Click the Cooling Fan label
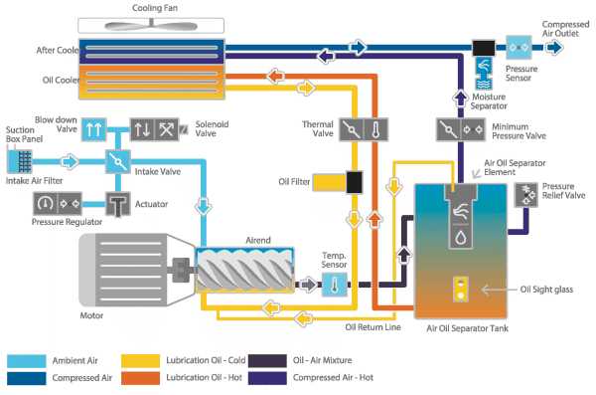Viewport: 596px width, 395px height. pos(154,8)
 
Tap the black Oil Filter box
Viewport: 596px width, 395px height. pos(353,182)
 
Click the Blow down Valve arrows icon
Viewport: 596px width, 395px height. pos(93,130)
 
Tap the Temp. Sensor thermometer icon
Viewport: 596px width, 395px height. pos(333,285)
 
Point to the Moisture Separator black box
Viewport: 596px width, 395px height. pos(485,48)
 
